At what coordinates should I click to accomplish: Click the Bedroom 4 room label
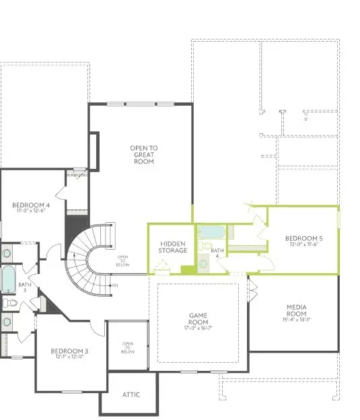point(30,205)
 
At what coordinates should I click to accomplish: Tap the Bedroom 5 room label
point(303,238)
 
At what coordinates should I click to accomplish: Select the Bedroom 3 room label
point(69,351)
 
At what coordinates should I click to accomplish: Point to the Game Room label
point(197,318)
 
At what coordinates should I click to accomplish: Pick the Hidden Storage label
point(172,246)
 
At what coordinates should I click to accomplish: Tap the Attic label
point(131,394)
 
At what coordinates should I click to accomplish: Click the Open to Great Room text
point(143,155)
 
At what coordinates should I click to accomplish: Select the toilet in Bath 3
point(9,304)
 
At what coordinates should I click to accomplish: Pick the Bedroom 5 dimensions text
point(303,245)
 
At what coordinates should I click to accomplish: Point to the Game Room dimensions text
point(197,328)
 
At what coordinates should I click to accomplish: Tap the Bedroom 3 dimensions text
point(69,357)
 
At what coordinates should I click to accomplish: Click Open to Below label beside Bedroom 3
point(128,348)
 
